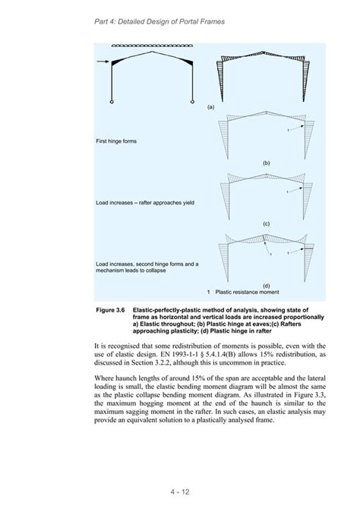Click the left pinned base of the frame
[112, 102]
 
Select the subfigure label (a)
[210, 107]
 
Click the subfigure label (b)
[267, 164]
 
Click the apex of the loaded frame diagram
[154, 52]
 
